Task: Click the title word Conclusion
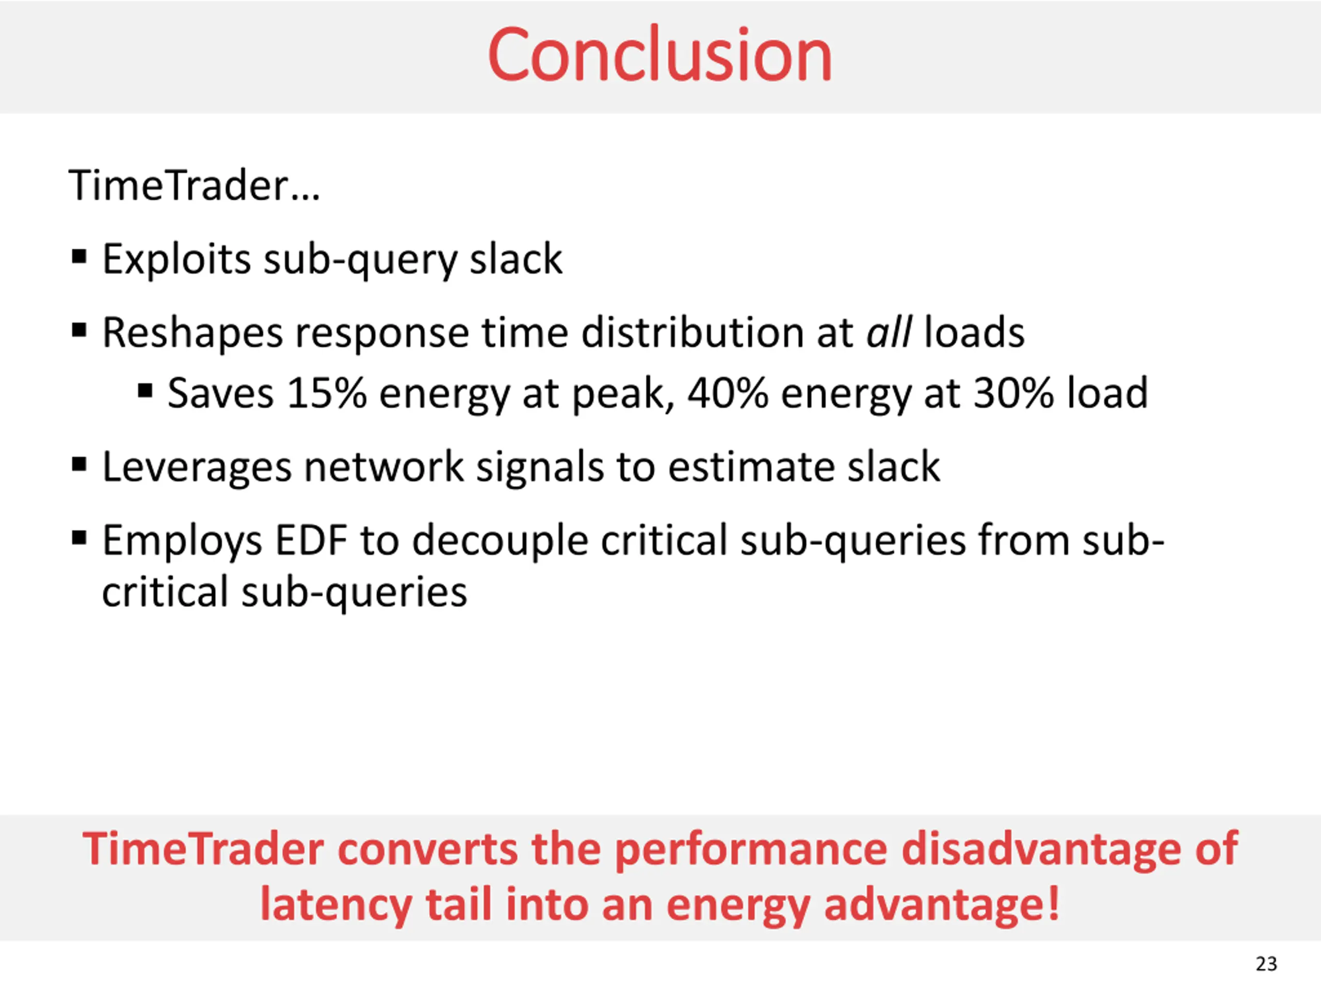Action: tap(659, 55)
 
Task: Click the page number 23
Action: tap(1266, 964)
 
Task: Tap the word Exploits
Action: tap(176, 260)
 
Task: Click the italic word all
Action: tap(889, 333)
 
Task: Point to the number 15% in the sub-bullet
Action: tap(326, 394)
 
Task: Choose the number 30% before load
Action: tap(1013, 394)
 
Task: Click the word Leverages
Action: tap(197, 468)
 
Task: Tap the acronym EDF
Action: tap(311, 540)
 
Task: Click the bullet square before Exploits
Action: tap(79, 258)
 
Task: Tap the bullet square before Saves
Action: tap(144, 392)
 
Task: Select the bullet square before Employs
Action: tap(79, 538)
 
